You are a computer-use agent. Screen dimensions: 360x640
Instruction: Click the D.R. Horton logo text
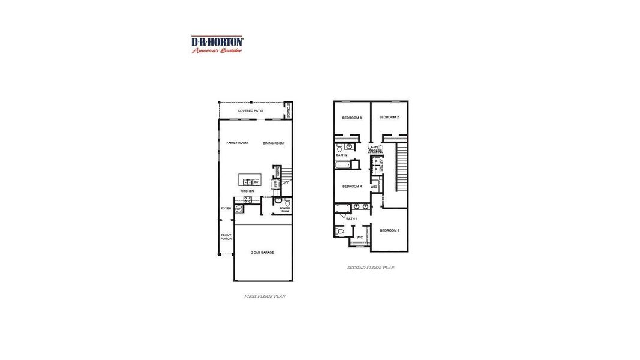point(217,41)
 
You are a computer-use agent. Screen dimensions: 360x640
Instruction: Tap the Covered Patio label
point(250,111)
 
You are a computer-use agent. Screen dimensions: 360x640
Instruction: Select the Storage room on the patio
point(288,110)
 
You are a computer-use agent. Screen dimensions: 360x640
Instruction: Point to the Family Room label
point(236,143)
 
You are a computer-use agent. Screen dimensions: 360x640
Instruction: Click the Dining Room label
point(273,143)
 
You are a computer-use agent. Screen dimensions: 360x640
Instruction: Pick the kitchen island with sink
point(250,180)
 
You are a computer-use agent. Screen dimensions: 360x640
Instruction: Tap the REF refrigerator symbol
point(275,184)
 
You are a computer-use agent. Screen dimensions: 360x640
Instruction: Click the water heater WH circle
point(238,209)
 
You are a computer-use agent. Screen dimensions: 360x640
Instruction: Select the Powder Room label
point(284,210)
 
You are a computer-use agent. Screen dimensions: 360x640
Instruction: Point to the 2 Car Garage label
point(262,253)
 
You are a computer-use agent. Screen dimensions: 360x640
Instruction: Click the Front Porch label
point(226,237)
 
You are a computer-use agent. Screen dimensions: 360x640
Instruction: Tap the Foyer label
point(226,209)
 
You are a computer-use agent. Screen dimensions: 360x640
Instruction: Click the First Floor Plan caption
point(264,296)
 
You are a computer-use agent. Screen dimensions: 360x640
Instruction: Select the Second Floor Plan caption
point(371,268)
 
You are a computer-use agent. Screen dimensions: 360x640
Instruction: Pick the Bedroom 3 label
point(351,118)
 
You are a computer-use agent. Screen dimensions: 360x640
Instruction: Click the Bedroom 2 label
point(389,117)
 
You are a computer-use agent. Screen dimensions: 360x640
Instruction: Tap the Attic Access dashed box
point(375,149)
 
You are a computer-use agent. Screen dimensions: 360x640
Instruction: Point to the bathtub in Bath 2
point(342,164)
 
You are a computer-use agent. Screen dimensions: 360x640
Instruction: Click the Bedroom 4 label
point(352,187)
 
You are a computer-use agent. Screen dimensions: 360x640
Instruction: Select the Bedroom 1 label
point(389,230)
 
